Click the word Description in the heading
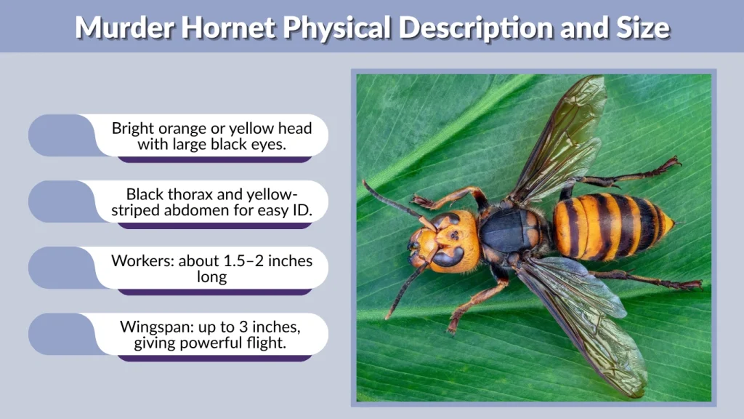pos(458,28)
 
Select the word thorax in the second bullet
pos(189,194)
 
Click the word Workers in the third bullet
pos(140,260)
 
